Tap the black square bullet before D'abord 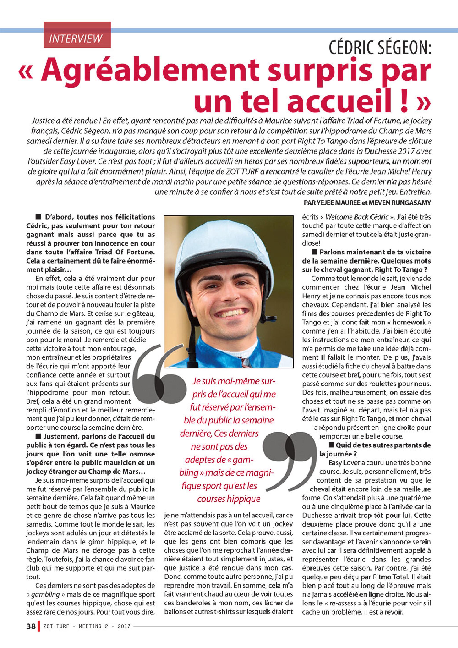pos(38,217)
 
